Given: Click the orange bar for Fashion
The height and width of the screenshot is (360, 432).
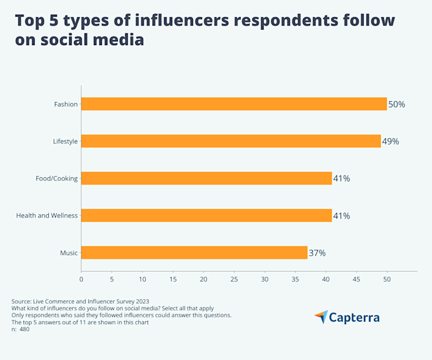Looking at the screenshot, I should pos(234,104).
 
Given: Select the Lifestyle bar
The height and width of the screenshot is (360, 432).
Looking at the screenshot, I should pos(231,141).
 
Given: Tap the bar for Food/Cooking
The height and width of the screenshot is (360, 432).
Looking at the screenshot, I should pos(206,178).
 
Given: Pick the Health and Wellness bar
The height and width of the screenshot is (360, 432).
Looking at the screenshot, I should pos(206,216).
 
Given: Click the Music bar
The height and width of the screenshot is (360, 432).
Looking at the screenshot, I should pos(194,253).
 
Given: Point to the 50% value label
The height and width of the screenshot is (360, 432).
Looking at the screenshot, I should pos(397,104).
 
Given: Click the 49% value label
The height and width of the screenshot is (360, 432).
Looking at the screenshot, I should pos(391,141).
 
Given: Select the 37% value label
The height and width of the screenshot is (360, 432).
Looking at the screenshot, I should pos(317,253).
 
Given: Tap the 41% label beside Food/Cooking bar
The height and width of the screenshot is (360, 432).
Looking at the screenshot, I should pos(342,178).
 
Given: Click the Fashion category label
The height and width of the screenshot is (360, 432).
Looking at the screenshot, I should pos(65,104).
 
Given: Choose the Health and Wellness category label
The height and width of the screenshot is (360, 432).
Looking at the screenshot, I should pos(47,216).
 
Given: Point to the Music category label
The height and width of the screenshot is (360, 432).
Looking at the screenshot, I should pos(69,253).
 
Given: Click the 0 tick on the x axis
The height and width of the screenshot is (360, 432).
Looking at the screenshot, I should pos(81,279).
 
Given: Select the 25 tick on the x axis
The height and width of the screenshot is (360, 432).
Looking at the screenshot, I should pos(234,279).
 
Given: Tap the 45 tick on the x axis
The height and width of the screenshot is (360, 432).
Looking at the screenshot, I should pos(356,279).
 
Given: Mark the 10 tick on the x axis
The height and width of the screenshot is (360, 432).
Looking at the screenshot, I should pos(143,279).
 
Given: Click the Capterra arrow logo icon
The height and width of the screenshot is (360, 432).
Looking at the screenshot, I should pos(321,317).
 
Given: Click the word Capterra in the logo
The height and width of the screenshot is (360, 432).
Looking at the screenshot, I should pos(355,318).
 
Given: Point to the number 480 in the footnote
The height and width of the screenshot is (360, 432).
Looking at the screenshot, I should pos(24,329).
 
